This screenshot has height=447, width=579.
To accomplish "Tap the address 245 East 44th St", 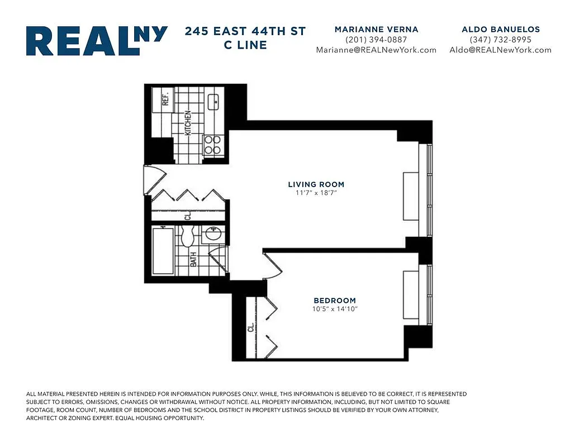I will (x=245, y=31).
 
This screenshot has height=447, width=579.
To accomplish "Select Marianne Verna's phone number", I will (x=376, y=40).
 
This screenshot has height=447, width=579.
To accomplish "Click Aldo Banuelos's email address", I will (x=500, y=50).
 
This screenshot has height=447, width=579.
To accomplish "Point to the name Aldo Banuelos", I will (x=500, y=29).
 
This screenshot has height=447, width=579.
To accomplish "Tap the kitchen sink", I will (x=213, y=102).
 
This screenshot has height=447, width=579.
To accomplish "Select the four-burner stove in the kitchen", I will (x=212, y=145).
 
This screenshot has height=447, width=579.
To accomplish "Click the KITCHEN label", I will (x=188, y=122).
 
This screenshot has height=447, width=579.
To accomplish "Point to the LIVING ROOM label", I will (x=316, y=184).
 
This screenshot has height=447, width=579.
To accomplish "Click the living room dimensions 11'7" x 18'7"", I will (x=316, y=193).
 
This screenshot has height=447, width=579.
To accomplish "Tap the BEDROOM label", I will (x=335, y=301).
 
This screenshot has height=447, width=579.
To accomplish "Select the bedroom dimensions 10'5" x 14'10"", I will (x=335, y=309).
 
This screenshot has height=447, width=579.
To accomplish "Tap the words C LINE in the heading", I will (x=245, y=45).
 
